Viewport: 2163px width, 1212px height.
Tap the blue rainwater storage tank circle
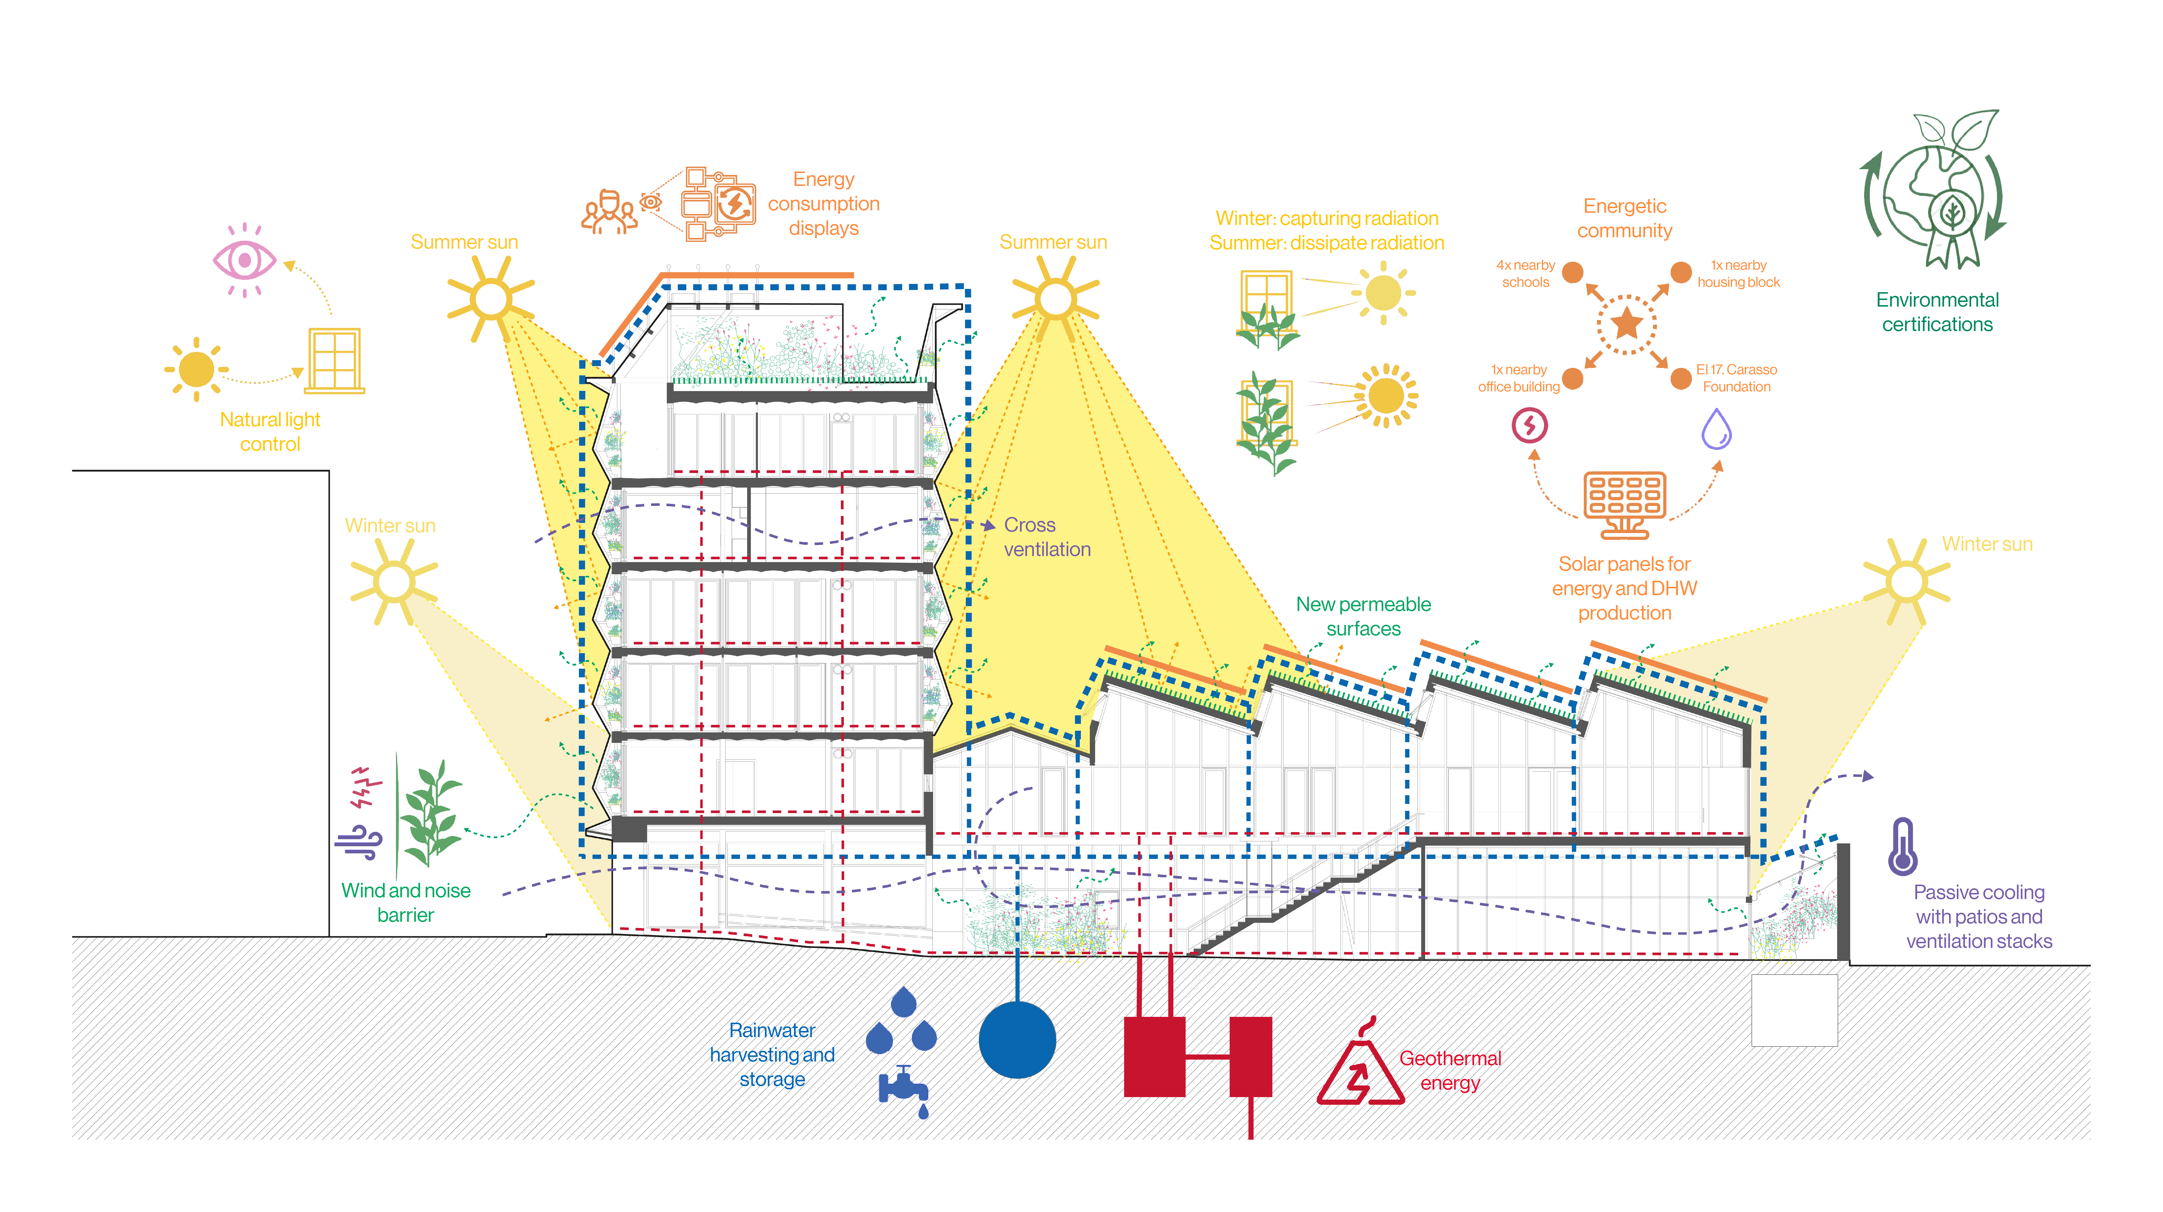click(x=1017, y=1040)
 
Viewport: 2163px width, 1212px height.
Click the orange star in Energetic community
click(x=1626, y=322)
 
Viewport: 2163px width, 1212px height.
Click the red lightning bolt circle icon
click(x=1530, y=426)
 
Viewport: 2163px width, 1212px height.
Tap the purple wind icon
click(x=359, y=842)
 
